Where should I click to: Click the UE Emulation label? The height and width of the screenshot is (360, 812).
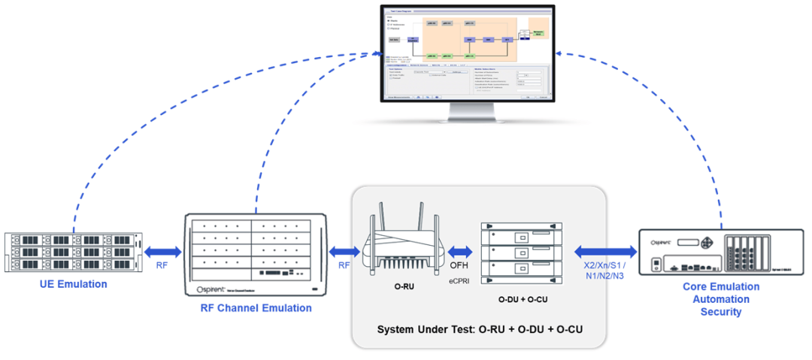(74, 284)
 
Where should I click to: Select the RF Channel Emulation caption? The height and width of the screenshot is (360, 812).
(256, 307)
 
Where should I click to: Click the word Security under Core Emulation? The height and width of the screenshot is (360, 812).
(720, 312)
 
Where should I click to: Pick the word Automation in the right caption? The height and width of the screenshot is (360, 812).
(720, 299)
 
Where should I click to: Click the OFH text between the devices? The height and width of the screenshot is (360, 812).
(459, 265)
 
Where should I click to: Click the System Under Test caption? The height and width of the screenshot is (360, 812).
(480, 329)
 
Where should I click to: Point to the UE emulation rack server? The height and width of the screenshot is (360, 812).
(73, 253)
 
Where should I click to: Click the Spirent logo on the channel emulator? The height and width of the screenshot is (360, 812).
(216, 289)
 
